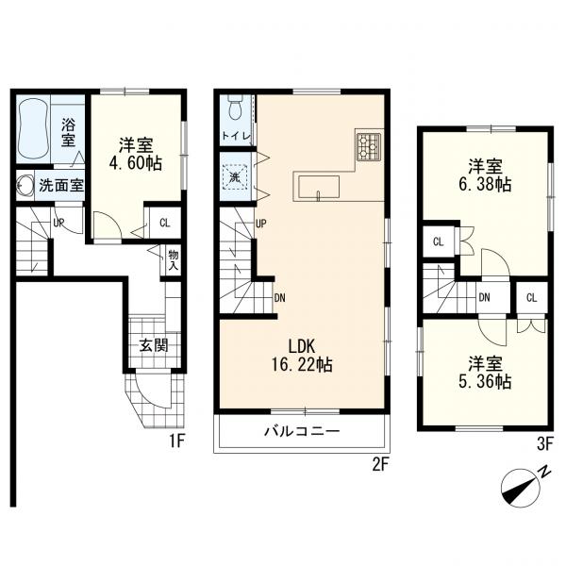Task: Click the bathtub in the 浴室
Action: coord(33,129)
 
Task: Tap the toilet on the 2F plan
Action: coord(235,108)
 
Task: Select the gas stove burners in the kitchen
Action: coord(369,146)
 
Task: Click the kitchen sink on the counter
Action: coord(319,188)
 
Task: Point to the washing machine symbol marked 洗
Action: coord(235,177)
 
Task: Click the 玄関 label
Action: coord(154,346)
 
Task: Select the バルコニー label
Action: coord(303,431)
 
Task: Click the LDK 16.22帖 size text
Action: coord(302,357)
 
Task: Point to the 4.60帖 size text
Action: coord(135,163)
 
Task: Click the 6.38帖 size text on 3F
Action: coord(485,185)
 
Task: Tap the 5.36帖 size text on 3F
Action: coord(485,381)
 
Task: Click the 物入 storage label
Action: coord(174,260)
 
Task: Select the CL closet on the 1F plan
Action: coord(164,223)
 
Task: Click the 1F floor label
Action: coord(177,441)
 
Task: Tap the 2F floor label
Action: coord(380,464)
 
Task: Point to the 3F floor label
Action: coord(544,444)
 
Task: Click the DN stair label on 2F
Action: coord(280,298)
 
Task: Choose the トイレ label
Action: coord(236,136)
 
